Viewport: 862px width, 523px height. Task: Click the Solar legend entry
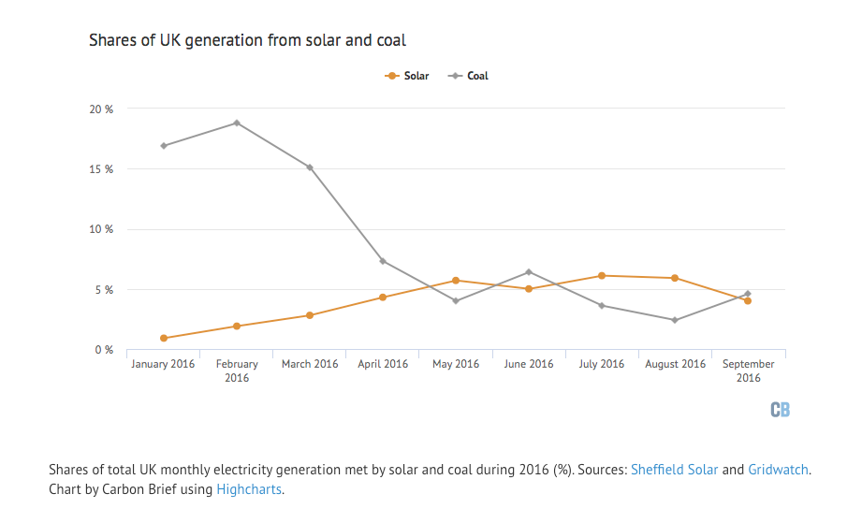click(408, 76)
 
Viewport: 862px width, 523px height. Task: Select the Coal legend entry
click(470, 76)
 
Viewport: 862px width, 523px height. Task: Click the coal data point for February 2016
click(237, 123)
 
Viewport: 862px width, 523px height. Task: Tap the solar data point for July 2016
click(602, 276)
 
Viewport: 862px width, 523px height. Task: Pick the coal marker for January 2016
click(164, 146)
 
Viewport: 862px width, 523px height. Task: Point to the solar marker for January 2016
click(164, 338)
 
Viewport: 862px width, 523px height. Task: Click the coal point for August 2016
click(675, 320)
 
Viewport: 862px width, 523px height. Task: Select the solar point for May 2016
click(456, 281)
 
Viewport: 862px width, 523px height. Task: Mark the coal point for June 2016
click(529, 272)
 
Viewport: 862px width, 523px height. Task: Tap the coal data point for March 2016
click(310, 167)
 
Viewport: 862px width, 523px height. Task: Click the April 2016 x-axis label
click(383, 364)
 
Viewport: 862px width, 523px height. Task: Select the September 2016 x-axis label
click(748, 370)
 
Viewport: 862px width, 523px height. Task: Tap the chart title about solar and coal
click(247, 40)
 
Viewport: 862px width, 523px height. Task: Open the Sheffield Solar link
click(674, 470)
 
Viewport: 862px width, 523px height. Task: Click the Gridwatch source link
click(779, 470)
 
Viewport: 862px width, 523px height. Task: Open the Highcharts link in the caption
click(249, 488)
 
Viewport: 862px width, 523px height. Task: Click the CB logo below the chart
click(780, 410)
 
